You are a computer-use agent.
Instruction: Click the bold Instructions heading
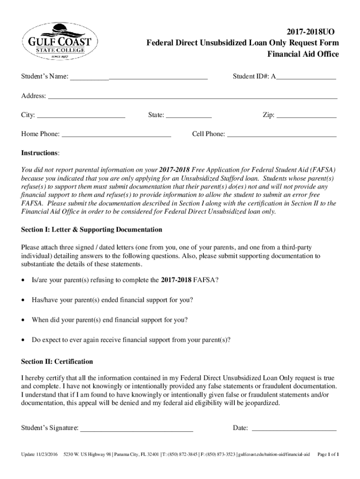click(40, 153)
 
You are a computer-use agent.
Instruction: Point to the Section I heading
click(92, 230)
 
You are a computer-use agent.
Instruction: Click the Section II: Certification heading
click(57, 362)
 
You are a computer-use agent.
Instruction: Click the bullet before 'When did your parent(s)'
click(24, 320)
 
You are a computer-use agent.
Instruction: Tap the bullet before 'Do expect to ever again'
click(24, 340)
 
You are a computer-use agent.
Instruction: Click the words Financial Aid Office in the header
click(302, 54)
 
